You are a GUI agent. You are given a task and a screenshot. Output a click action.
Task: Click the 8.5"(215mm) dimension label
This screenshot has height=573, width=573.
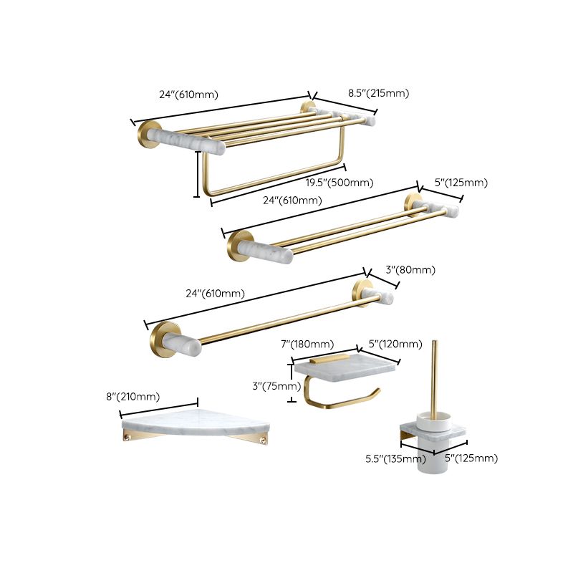pos(378,93)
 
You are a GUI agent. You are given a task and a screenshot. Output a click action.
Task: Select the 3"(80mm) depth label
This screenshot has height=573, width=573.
pos(410,270)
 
